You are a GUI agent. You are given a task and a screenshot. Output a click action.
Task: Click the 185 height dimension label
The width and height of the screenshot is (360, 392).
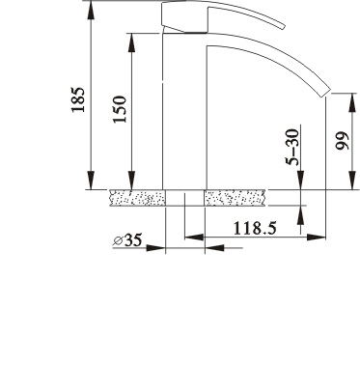(x=78, y=99)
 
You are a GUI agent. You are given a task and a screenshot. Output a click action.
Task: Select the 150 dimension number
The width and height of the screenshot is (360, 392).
(x=120, y=109)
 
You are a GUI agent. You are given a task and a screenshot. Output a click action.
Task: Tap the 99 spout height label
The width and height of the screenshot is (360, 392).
(x=342, y=141)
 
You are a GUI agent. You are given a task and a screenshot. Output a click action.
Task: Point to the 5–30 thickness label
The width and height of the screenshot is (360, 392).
(x=292, y=147)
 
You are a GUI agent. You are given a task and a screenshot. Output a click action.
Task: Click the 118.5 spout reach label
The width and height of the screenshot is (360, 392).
(x=255, y=228)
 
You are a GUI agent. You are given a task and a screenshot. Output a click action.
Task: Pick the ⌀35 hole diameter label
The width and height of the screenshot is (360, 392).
(x=127, y=239)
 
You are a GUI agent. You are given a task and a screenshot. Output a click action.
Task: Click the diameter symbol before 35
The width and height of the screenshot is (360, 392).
(x=118, y=240)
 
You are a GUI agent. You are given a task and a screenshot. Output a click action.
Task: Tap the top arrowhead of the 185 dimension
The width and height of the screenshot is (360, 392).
(x=92, y=10)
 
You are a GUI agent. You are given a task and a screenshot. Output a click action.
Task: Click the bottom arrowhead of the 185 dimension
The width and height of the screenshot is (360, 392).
(x=92, y=181)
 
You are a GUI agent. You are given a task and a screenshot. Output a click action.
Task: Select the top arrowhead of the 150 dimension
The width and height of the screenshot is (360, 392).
(x=131, y=42)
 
